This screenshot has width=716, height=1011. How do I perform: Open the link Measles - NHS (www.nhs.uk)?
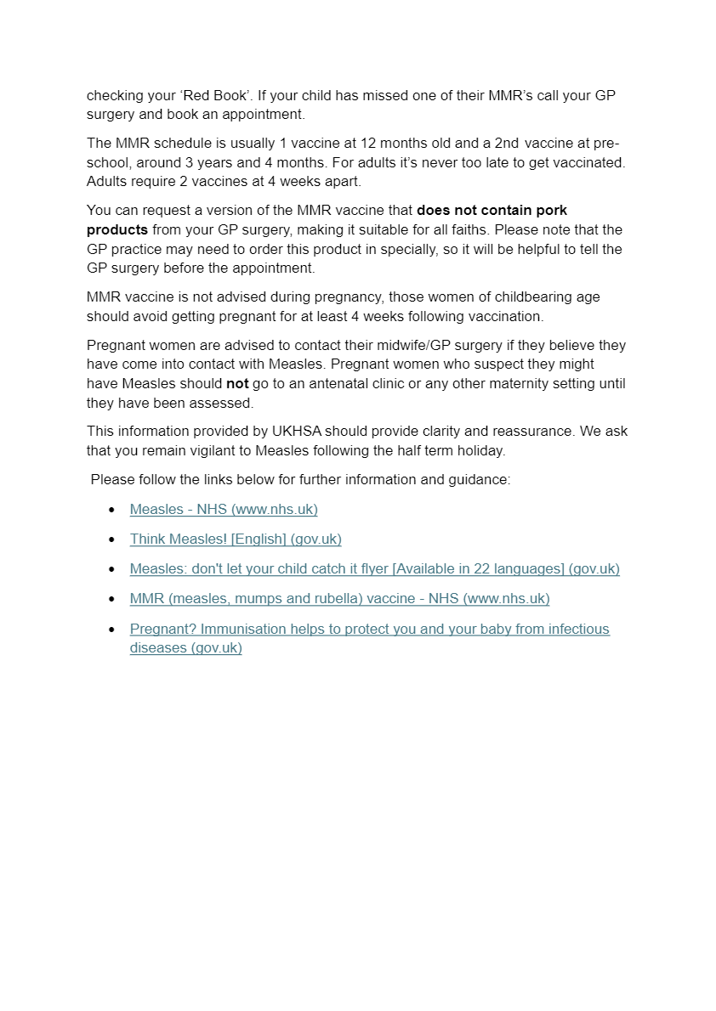pos(224,509)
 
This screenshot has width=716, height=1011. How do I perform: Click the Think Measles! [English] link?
pos(236,539)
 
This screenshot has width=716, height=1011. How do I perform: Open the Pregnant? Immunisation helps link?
pos(369,629)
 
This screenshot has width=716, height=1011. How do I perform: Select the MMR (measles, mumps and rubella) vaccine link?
pos(339,598)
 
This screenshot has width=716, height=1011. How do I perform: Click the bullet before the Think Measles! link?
pos(111,539)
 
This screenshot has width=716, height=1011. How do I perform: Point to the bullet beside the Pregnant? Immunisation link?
pos(111,630)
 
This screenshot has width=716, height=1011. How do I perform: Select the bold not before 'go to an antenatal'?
pos(237,383)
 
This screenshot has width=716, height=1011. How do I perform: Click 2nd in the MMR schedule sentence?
pos(508,143)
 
